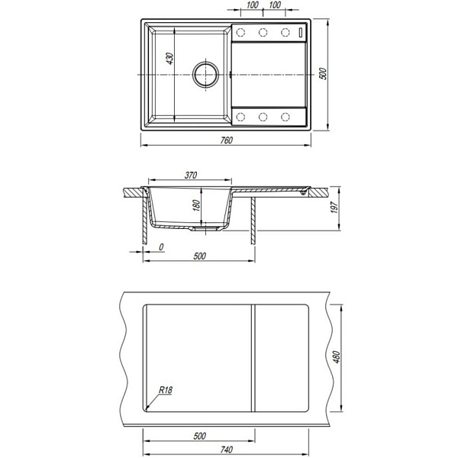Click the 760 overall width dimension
[227, 140]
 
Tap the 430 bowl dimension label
[169, 59]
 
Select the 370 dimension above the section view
[191, 175]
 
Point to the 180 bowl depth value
[197, 205]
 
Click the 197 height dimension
[335, 207]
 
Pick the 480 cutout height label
[337, 357]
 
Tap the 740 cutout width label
[227, 450]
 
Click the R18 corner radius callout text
[166, 390]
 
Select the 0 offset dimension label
[161, 247]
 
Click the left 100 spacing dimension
[253, 5]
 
